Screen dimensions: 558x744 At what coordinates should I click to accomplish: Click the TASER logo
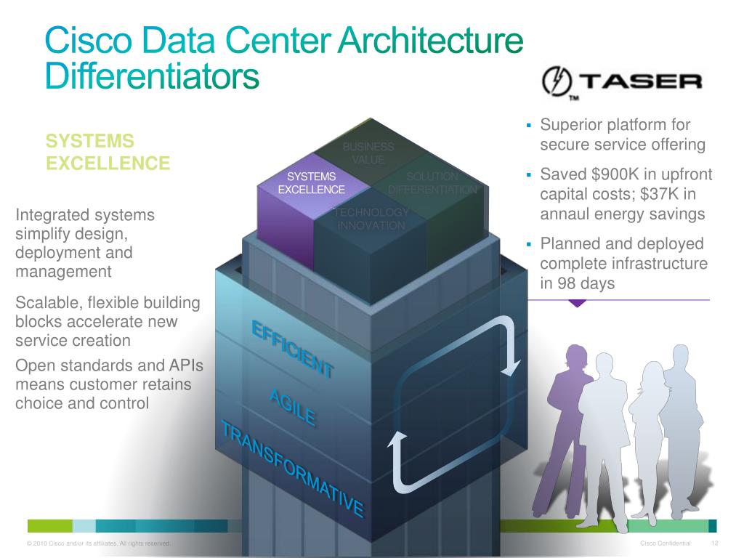[x=622, y=82]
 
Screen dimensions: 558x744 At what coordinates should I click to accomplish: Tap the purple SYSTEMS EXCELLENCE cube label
[x=312, y=183]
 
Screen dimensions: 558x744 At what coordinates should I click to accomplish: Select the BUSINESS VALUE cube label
[x=368, y=153]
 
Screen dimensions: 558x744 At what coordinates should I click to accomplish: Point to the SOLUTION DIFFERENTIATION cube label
[x=432, y=183]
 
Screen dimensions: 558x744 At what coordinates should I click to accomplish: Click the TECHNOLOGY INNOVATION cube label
[x=371, y=219]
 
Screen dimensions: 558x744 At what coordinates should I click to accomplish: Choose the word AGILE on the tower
[x=292, y=408]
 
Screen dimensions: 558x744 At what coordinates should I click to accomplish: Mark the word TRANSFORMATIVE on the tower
[x=292, y=469]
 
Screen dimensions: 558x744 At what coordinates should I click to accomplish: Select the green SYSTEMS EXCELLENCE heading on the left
[x=108, y=152]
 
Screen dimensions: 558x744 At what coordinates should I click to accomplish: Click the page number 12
[x=714, y=543]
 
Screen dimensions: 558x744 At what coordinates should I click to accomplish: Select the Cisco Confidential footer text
[x=666, y=543]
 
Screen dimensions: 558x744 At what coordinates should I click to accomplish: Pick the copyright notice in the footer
[x=98, y=543]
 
